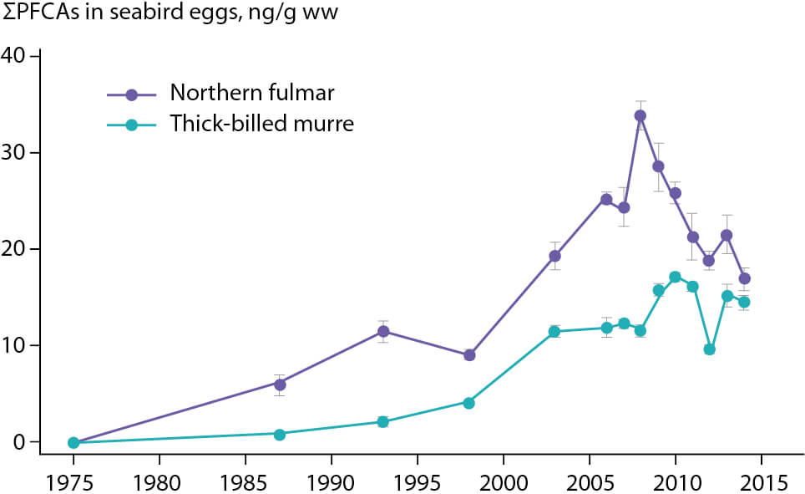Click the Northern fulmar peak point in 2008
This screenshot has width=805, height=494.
click(x=640, y=115)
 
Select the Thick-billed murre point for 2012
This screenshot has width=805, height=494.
click(x=710, y=349)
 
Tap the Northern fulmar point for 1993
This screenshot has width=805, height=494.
click(x=383, y=331)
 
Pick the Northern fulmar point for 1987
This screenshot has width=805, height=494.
click(x=280, y=385)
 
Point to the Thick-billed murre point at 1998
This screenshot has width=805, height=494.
click(x=468, y=403)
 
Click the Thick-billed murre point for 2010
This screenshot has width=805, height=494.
click(x=675, y=277)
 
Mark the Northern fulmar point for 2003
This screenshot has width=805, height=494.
click(x=554, y=256)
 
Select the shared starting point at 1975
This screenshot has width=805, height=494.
click(x=73, y=442)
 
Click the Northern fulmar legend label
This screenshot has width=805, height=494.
click(x=252, y=93)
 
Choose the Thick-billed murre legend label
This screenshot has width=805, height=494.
click(x=262, y=124)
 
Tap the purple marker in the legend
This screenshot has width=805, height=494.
click(x=131, y=94)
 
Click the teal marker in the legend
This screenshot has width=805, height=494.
click(x=131, y=125)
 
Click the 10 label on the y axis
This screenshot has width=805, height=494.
click(x=13, y=345)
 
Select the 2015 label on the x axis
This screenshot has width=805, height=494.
click(x=762, y=482)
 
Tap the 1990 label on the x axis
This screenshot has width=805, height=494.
click(x=332, y=482)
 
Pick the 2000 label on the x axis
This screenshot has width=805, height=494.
click(x=504, y=482)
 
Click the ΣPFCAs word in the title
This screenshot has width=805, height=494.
click(x=41, y=13)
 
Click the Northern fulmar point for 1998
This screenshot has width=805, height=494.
click(x=468, y=354)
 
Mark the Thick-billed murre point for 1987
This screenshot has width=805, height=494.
click(x=279, y=435)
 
